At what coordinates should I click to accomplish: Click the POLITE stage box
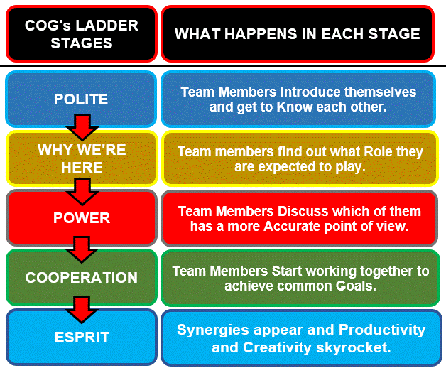pos(81,99)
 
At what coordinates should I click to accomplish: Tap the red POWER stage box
pos(81,217)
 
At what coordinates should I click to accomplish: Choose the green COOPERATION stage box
pos(81,277)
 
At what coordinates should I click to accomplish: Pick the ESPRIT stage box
pos(81,337)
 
